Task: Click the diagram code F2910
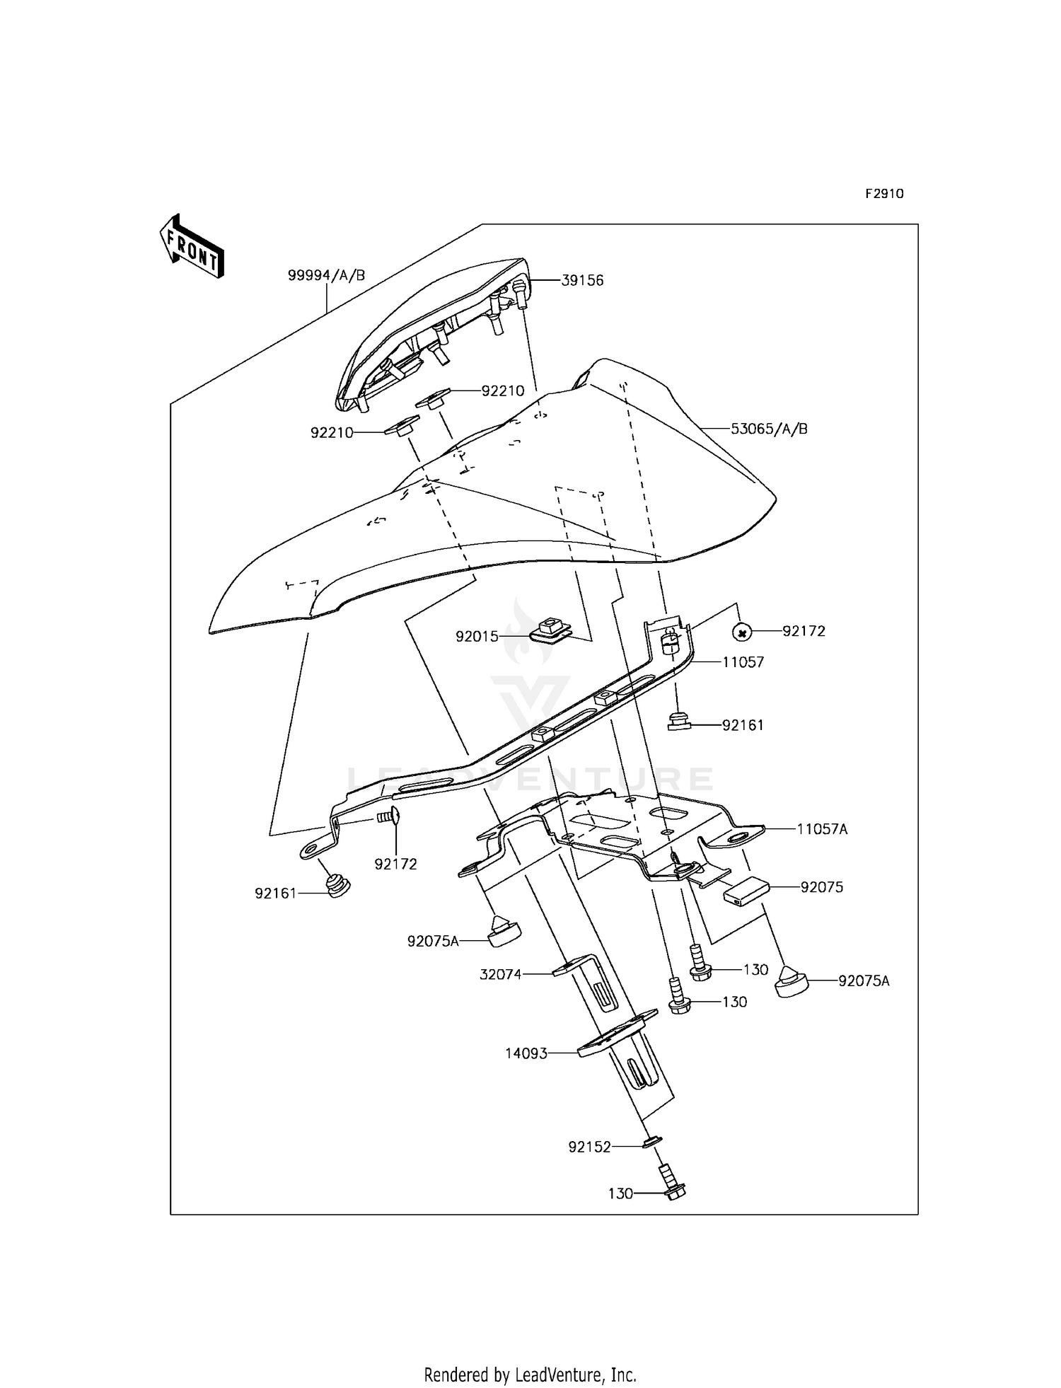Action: point(884,194)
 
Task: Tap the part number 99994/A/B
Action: point(326,275)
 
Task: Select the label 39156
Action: point(582,280)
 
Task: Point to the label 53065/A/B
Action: point(769,429)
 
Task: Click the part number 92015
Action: point(477,637)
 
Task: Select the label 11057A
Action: point(822,829)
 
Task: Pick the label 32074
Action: point(500,974)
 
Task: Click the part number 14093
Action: point(526,1073)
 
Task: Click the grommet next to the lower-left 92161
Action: point(339,886)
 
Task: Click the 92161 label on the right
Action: point(743,725)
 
